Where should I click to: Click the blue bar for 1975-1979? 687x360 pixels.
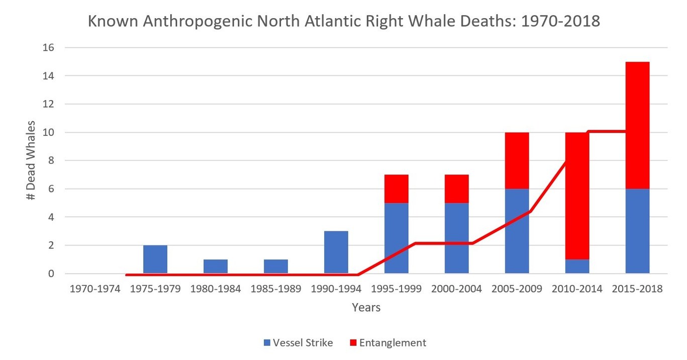point(155,259)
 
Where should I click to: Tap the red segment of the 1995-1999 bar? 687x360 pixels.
point(397,189)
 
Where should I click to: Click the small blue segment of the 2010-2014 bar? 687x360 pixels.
point(577,267)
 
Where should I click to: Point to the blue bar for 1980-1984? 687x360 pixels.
point(216,266)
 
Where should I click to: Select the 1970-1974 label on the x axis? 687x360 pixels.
point(95,289)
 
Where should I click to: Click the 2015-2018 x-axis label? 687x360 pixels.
point(638,289)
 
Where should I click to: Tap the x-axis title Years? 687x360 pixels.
point(366,307)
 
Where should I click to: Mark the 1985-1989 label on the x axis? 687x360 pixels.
point(276,289)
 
